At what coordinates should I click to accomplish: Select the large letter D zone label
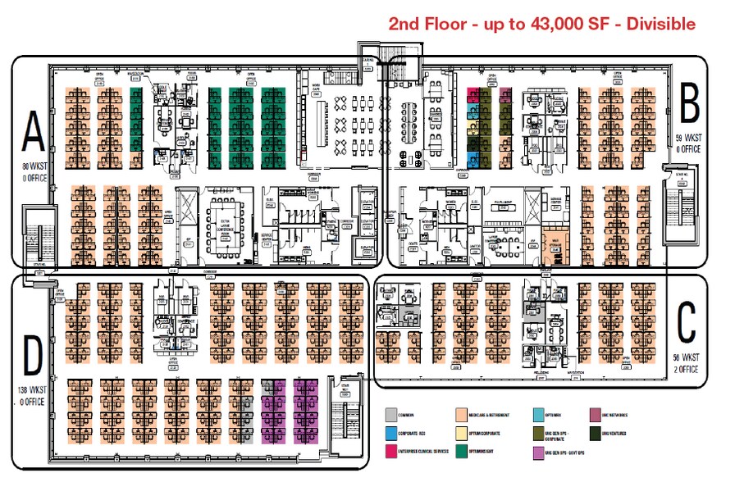pyautogui.click(x=32, y=356)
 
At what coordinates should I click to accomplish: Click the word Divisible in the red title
pyautogui.click(x=655, y=24)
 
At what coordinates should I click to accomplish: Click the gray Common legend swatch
pyautogui.click(x=390, y=414)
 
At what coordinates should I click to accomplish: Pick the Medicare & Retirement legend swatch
pyautogui.click(x=463, y=414)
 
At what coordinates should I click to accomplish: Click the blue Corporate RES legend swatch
pyautogui.click(x=390, y=433)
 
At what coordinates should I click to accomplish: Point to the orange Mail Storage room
pyautogui.click(x=555, y=245)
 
